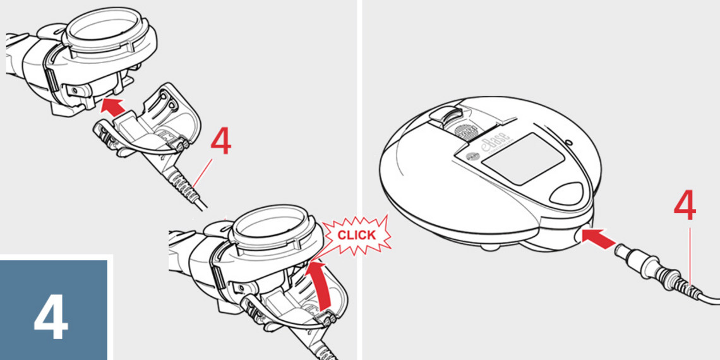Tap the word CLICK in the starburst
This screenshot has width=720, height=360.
click(356, 235)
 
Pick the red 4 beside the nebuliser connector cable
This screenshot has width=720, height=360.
click(220, 143)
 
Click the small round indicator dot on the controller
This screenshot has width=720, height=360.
click(568, 143)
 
